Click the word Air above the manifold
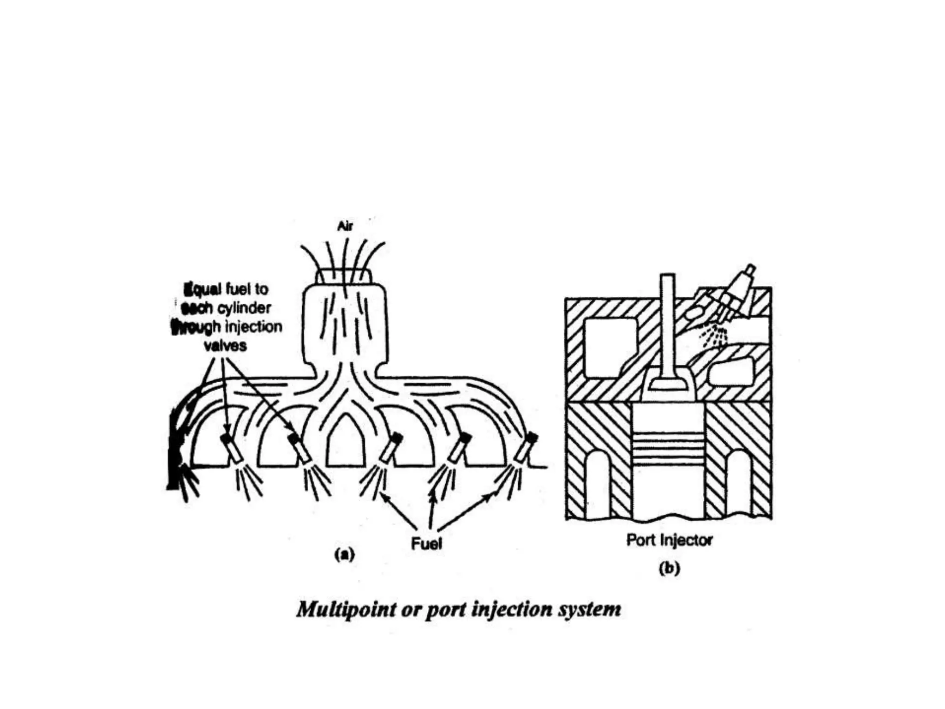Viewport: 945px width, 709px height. click(x=345, y=226)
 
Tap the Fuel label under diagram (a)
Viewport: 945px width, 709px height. click(x=426, y=544)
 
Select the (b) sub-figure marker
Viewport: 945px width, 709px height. click(x=669, y=568)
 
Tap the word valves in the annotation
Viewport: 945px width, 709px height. click(x=225, y=346)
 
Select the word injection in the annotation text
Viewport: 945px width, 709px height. click(x=253, y=327)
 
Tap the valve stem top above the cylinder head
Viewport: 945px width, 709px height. click(x=667, y=282)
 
